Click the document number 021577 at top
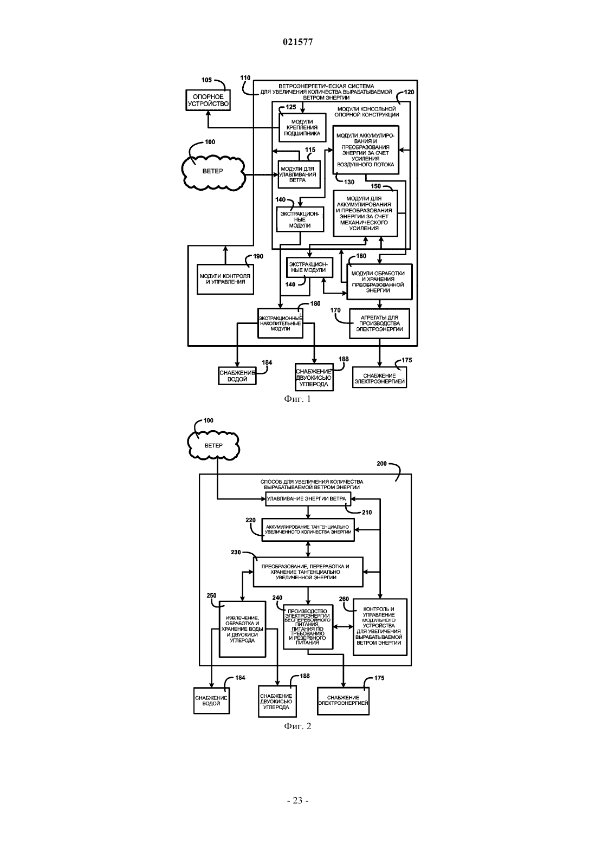(x=297, y=42)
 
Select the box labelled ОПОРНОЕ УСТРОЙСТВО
(x=208, y=100)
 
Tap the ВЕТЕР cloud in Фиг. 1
(x=213, y=171)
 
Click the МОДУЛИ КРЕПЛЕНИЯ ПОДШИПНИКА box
(x=302, y=127)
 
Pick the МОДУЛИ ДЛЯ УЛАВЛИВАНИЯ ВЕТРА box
(x=299, y=174)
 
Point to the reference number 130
(x=349, y=182)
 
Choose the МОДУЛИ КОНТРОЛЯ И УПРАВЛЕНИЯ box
(x=225, y=279)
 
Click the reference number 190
(x=258, y=256)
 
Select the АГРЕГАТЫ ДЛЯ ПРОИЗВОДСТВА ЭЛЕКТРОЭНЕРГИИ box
(x=380, y=323)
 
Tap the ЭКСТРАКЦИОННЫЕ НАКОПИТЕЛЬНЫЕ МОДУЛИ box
(x=280, y=323)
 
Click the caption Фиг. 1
(x=297, y=399)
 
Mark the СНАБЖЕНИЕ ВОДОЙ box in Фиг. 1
(x=237, y=376)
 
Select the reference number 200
(x=381, y=464)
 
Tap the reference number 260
(x=344, y=599)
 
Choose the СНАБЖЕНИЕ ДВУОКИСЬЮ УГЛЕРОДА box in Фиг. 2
(x=276, y=702)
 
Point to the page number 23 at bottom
(x=297, y=801)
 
